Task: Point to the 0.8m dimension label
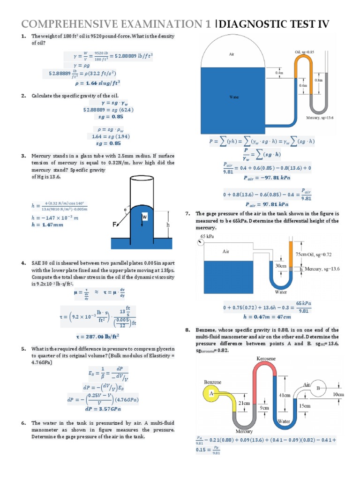pos(319,80)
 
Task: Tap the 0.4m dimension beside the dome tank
pos(280,73)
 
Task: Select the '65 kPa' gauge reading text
pos(207,236)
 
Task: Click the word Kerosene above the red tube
pos(266,359)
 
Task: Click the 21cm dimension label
pos(244,403)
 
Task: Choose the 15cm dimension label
pos(305,405)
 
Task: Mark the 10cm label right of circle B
pos(338,395)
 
